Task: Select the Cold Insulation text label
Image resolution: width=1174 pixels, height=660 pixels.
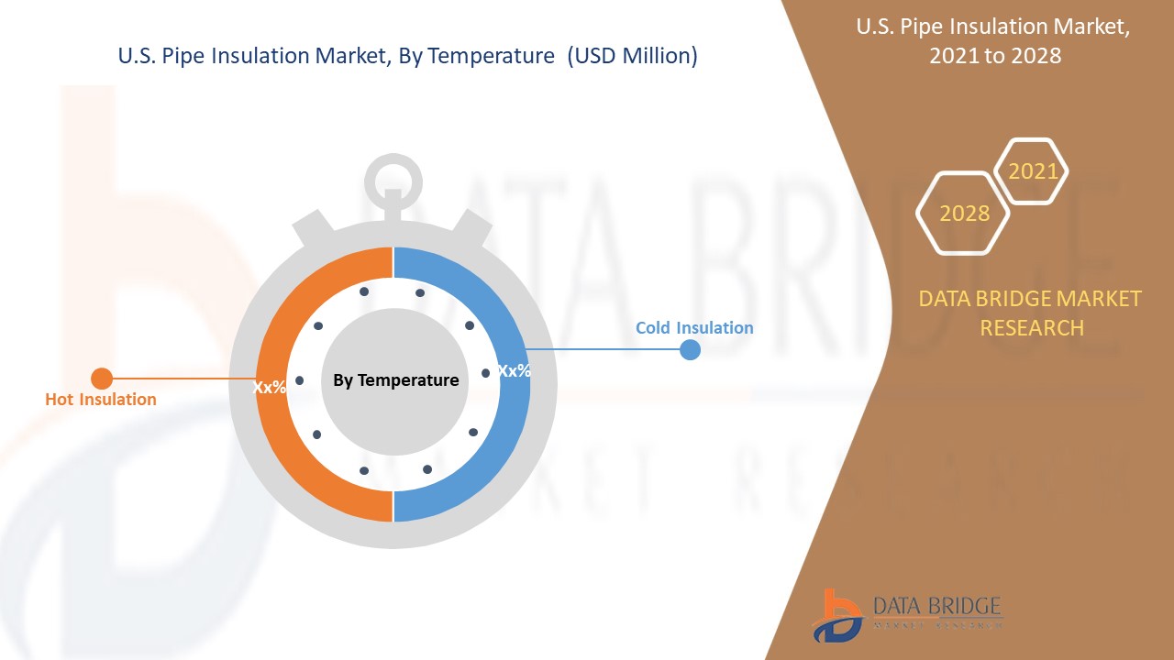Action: click(x=694, y=327)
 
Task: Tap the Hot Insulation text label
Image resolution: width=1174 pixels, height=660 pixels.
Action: click(x=101, y=399)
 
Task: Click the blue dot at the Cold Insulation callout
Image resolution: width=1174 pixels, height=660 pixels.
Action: click(x=690, y=349)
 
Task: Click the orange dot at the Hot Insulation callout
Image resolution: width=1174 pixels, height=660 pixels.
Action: click(x=102, y=378)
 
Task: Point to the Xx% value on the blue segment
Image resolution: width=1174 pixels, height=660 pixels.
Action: click(x=514, y=371)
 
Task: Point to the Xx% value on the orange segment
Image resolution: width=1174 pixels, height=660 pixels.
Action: click(x=270, y=387)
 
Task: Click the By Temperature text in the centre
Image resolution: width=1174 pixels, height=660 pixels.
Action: click(x=395, y=379)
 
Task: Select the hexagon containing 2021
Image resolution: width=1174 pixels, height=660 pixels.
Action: click(x=1033, y=171)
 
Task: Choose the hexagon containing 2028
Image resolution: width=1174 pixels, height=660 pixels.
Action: click(x=964, y=213)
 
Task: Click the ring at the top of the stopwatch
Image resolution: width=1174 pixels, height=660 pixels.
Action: click(x=393, y=180)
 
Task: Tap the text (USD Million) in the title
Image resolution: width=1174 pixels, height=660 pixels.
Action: click(x=632, y=56)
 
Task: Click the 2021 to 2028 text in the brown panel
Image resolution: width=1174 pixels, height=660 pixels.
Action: click(x=994, y=55)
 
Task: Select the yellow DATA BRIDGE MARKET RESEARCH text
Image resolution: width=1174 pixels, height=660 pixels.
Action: click(x=1031, y=313)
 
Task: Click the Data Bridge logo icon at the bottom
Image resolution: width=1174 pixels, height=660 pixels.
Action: click(x=836, y=614)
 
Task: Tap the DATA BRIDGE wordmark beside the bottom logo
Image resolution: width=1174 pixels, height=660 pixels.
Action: click(x=937, y=607)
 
